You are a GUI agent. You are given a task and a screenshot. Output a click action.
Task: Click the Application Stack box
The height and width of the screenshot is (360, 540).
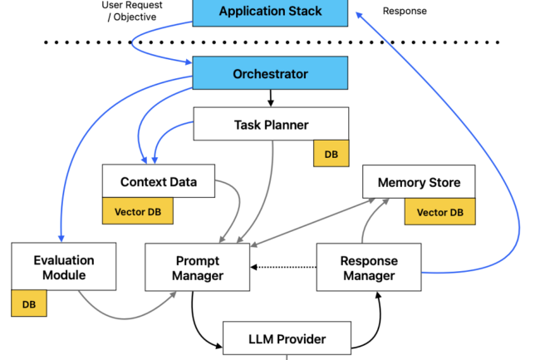coord(269,12)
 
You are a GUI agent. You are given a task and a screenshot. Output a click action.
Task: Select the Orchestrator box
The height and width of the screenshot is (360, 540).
coord(269,74)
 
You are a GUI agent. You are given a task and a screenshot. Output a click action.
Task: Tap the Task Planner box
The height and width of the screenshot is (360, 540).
coord(270,125)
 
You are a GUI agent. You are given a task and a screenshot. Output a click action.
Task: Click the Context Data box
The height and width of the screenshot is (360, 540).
coord(158,181)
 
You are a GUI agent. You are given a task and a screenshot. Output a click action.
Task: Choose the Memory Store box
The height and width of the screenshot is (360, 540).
coord(419,182)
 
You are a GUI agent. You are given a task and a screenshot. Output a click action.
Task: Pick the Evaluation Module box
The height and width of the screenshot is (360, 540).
coord(63,266)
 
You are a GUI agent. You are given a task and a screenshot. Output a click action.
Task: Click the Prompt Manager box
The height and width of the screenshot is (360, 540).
coord(197,267)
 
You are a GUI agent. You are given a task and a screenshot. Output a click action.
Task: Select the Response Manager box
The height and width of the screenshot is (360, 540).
coord(369,267)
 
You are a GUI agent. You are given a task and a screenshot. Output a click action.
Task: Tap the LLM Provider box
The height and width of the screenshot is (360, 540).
coord(287,338)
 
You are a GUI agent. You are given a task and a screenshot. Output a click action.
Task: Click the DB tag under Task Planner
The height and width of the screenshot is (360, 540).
coord(331,154)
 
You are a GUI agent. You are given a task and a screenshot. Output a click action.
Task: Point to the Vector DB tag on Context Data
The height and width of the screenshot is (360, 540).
coord(137,211)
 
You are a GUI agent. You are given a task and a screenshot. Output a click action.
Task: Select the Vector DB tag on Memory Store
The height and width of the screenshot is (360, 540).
coord(439,212)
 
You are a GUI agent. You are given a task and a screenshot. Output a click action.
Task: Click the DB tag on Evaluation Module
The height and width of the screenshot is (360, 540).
coord(29,303)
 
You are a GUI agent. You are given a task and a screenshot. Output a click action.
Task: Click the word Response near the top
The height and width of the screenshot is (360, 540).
coord(405,12)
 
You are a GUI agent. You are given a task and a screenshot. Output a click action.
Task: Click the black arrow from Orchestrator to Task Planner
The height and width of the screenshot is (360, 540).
coord(270,99)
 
